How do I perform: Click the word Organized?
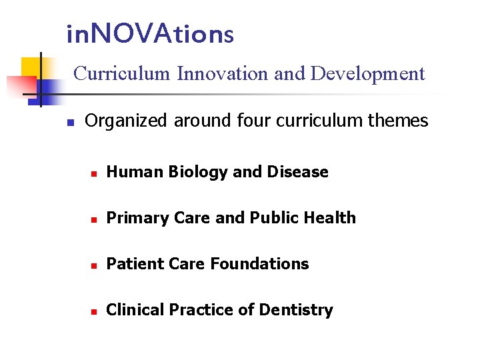125,121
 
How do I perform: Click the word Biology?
198,172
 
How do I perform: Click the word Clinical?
135,310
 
